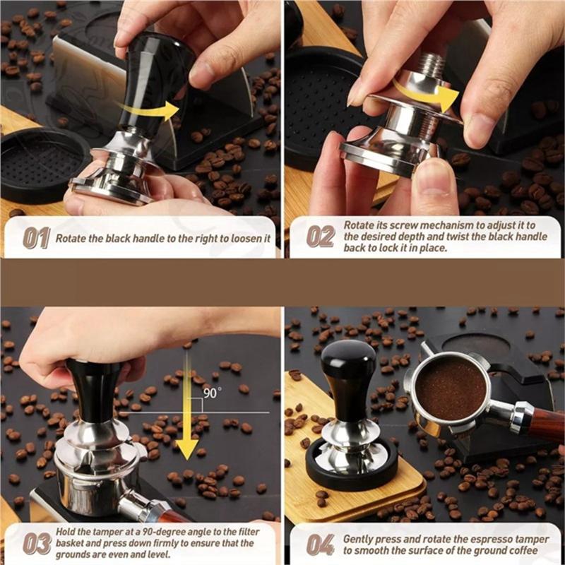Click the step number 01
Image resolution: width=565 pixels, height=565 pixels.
click(37, 238)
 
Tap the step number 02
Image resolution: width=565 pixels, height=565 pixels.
click(321, 237)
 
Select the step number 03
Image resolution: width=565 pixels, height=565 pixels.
click(37, 543)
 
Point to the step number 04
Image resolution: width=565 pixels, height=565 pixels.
click(321, 544)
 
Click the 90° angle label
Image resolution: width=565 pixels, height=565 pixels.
click(213, 393)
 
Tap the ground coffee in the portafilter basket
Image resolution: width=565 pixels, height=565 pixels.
click(451, 388)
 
